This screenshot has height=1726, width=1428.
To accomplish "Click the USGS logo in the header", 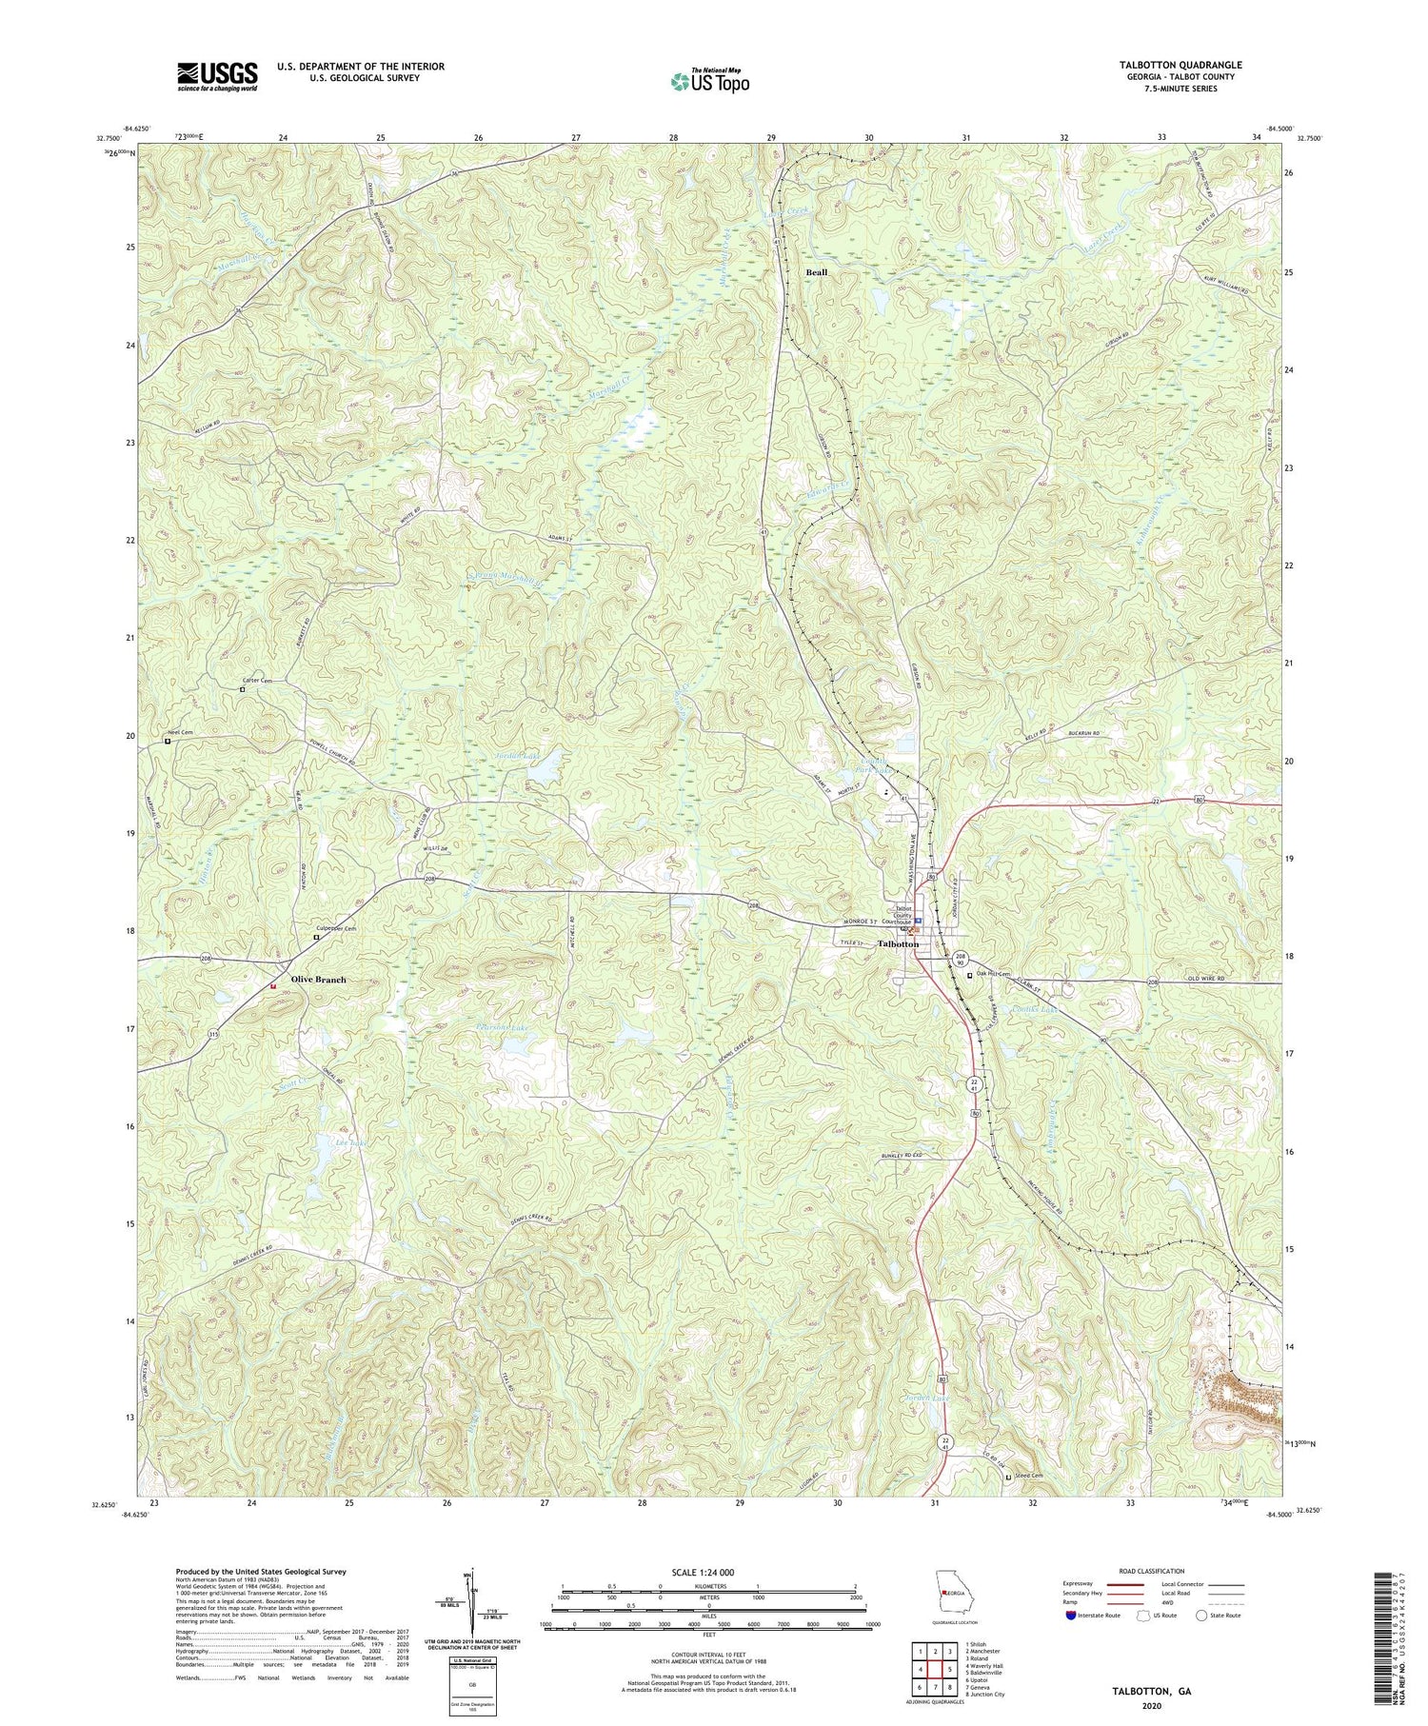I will pos(216,76).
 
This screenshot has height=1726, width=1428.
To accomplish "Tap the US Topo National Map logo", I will pos(709,81).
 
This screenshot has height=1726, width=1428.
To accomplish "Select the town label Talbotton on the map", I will pos(898,943).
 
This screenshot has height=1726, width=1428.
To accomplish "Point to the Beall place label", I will pos(816,272).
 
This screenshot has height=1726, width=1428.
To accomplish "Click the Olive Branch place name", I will pos(318,979).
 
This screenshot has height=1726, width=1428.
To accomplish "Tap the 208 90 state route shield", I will pos(961,960).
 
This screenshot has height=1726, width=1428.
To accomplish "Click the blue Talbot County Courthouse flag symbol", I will pos(918,922).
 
